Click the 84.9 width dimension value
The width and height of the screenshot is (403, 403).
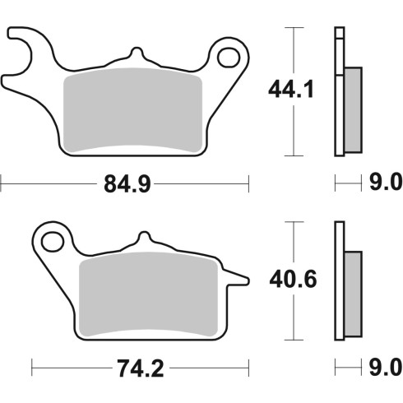[127, 184]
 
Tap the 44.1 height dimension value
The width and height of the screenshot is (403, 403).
[291, 90]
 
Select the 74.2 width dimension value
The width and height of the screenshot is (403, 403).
[141, 368]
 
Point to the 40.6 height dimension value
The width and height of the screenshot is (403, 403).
[293, 280]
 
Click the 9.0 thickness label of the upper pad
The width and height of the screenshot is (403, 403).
[386, 182]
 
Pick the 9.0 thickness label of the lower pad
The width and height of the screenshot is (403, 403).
[386, 368]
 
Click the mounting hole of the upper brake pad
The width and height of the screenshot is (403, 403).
[229, 58]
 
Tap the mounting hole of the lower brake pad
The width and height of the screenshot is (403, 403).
[53, 242]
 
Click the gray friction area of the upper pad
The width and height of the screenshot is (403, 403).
[132, 109]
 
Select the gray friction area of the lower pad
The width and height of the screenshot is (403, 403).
[148, 294]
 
